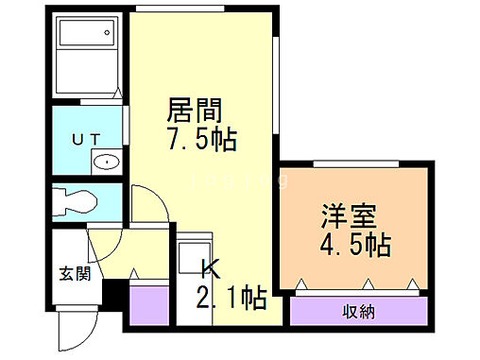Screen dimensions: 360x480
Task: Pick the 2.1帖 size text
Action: (230, 300)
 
